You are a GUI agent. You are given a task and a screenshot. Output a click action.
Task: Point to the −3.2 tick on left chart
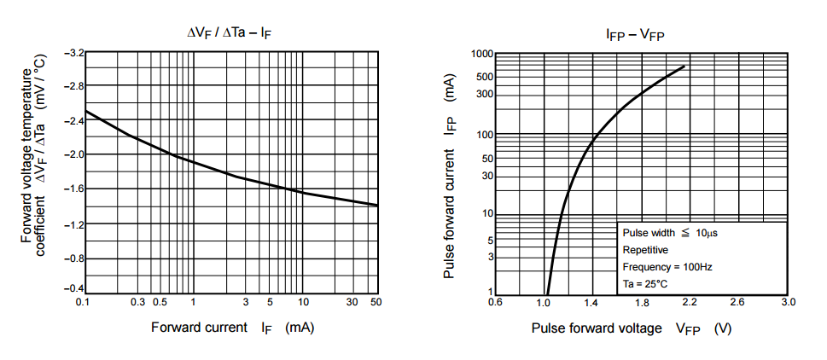point(73,53)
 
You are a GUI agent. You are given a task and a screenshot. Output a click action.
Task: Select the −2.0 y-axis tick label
point(73,154)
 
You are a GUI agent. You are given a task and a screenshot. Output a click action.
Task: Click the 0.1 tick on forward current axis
point(83,303)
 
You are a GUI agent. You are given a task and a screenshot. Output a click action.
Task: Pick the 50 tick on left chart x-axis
point(376,303)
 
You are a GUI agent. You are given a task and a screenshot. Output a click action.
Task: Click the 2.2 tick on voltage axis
point(690,303)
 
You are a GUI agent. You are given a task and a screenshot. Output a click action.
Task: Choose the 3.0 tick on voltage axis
point(788,303)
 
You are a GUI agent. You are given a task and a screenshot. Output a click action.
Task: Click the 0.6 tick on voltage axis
point(495,303)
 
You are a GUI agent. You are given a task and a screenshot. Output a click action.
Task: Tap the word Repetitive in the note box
point(646,250)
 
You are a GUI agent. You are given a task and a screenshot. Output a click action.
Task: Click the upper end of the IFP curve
point(684,67)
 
